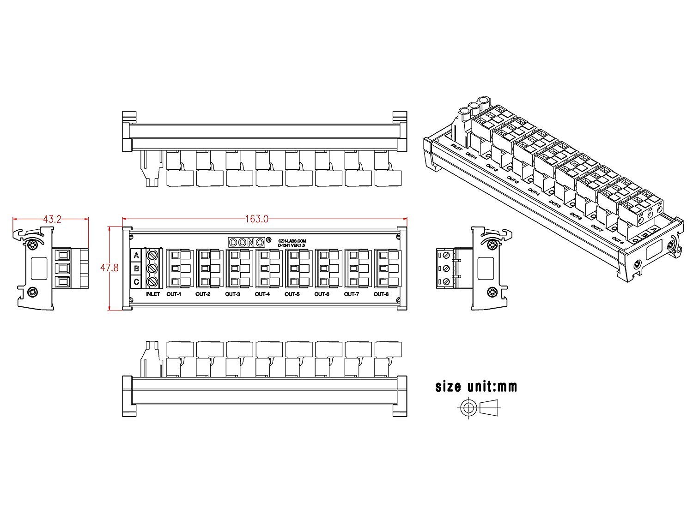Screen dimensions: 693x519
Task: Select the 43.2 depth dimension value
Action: (52, 219)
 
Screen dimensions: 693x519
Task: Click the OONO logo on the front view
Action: (247, 242)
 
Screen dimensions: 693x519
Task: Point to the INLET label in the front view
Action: (152, 294)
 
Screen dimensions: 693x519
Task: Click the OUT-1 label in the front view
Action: (174, 294)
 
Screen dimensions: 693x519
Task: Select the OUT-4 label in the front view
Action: (262, 294)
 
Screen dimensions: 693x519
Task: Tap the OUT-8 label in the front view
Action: (381, 294)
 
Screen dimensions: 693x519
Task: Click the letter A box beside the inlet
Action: (136, 255)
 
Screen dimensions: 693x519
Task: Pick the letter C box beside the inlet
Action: (136, 281)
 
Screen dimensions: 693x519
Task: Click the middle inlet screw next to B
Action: (153, 268)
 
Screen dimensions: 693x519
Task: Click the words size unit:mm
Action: (476, 386)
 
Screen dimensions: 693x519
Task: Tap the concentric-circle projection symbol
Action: (469, 407)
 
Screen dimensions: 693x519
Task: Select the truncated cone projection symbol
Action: (491, 407)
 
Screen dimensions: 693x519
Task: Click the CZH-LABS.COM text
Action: (292, 240)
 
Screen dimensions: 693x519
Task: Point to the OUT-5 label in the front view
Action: (292, 294)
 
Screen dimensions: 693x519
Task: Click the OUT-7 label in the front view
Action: (352, 294)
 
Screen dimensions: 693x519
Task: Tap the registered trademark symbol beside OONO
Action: (268, 239)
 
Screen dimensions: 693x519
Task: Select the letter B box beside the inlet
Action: (136, 268)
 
